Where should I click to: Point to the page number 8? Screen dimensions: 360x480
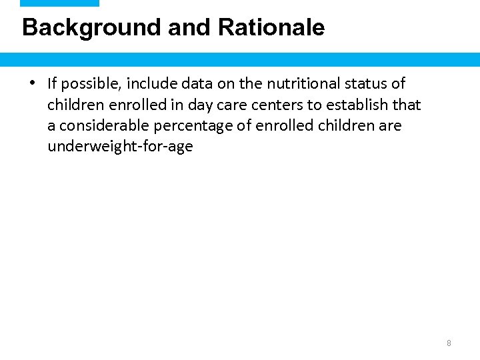449,343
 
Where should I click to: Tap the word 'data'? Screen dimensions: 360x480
191,84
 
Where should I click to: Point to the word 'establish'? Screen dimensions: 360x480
358,105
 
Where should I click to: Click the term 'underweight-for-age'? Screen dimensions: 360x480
120,147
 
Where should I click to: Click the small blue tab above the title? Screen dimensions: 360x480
59,3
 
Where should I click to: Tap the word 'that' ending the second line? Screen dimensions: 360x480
407,105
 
